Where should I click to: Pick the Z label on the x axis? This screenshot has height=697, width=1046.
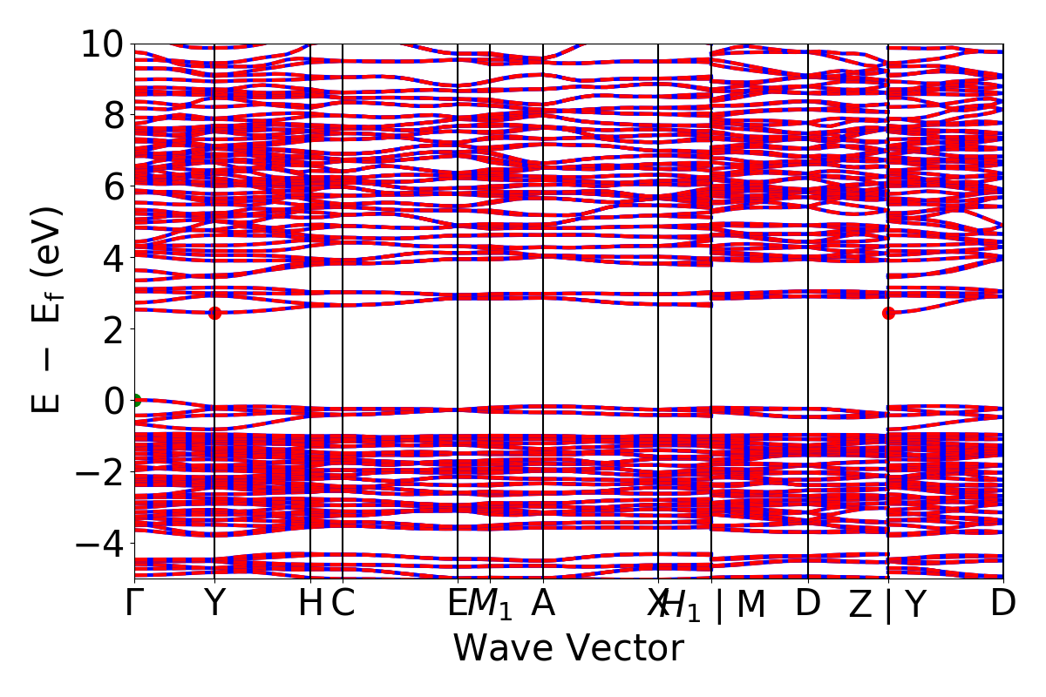coord(860,604)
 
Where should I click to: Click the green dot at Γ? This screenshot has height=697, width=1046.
coord(135,401)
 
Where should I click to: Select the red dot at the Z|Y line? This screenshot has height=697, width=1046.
coord(888,314)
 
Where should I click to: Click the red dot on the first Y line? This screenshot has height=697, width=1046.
coord(214,314)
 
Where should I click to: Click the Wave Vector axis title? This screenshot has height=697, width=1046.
coord(568,648)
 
